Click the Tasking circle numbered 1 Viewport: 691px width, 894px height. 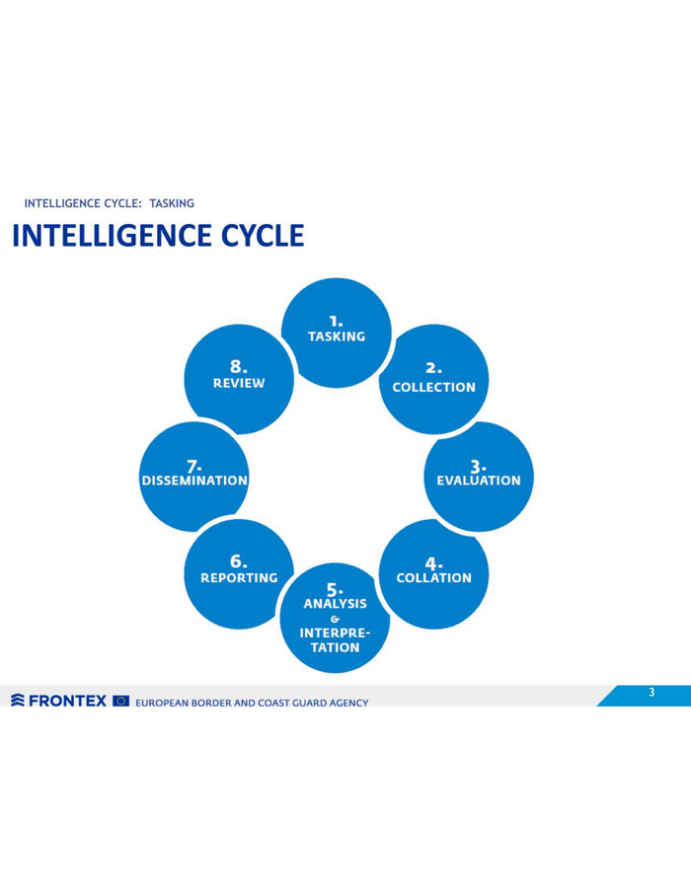click(x=336, y=333)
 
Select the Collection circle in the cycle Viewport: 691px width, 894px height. click(x=433, y=379)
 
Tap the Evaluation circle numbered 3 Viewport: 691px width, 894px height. click(x=479, y=477)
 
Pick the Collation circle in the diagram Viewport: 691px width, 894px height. click(x=433, y=574)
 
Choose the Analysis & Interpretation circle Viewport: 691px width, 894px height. click(x=335, y=618)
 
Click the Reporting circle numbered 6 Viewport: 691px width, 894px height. click(x=239, y=574)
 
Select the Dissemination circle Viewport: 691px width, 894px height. click(x=194, y=477)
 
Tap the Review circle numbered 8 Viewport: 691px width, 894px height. click(x=239, y=379)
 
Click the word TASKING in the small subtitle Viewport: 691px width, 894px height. click(x=172, y=203)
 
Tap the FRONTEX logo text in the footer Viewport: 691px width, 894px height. click(x=67, y=701)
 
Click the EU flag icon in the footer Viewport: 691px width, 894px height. click(x=121, y=701)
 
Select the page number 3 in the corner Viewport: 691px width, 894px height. click(x=652, y=692)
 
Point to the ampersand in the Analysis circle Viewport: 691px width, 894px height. click(x=335, y=619)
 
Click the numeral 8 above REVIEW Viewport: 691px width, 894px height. click(x=239, y=366)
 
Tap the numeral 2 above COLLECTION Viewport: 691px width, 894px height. click(x=433, y=368)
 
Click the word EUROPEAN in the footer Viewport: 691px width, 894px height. click(x=162, y=703)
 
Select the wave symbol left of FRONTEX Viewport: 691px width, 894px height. click(x=18, y=701)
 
